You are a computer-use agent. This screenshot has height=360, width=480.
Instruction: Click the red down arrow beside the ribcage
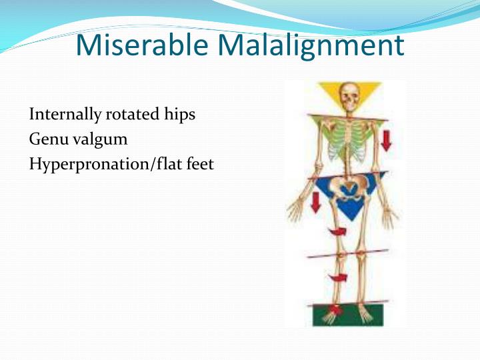pyautogui.click(x=386, y=139)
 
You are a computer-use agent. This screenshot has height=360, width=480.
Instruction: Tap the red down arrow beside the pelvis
pyautogui.click(x=315, y=203)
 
